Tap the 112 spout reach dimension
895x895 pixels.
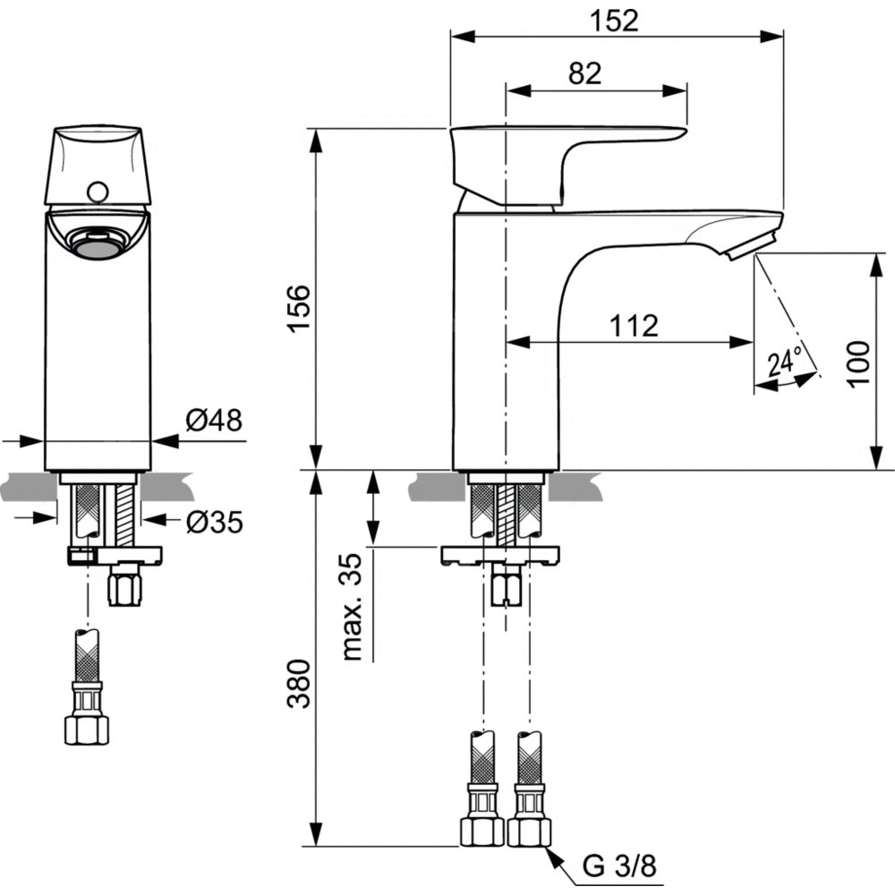point(635,326)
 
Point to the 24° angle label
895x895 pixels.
point(784,362)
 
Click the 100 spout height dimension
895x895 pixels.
point(859,362)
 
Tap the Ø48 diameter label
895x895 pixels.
point(214,421)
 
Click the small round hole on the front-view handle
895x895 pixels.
point(98,190)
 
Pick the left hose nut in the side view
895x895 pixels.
point(481,831)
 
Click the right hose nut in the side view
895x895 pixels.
point(529,831)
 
